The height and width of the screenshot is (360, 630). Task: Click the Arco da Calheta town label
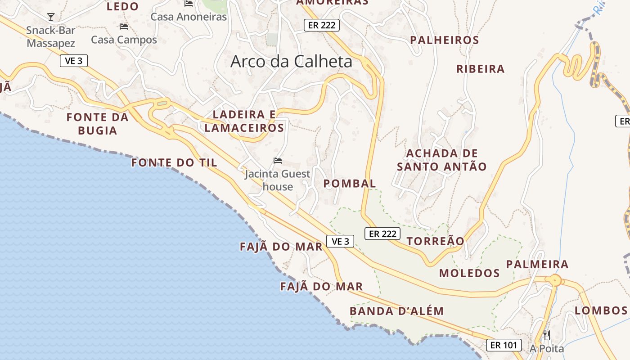point(291,62)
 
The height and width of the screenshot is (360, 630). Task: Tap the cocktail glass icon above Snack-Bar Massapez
point(50,17)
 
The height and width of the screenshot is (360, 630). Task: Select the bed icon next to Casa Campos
point(124,27)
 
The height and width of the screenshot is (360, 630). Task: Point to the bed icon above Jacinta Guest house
point(278,161)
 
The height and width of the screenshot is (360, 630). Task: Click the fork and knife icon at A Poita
point(546,335)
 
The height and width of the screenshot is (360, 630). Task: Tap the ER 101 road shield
point(504,345)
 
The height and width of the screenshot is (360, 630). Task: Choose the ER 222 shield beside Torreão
point(382,234)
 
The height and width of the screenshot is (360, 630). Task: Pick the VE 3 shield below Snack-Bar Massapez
point(73,61)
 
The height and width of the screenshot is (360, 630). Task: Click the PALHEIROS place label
point(445,40)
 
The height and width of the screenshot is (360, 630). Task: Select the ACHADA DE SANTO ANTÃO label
point(442,160)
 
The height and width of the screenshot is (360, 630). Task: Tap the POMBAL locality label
point(350,184)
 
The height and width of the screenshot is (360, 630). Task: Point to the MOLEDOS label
point(469,273)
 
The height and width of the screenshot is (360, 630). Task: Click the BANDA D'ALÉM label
point(396,311)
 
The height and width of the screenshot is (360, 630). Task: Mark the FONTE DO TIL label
point(174,163)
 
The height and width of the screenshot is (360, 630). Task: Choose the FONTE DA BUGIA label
point(98,124)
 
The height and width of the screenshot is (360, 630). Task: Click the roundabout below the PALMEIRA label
point(556,280)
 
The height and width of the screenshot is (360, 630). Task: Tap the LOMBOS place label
point(601,310)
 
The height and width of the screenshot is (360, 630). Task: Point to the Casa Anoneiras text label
point(189,17)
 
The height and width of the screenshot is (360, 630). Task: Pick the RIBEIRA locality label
point(481,69)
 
